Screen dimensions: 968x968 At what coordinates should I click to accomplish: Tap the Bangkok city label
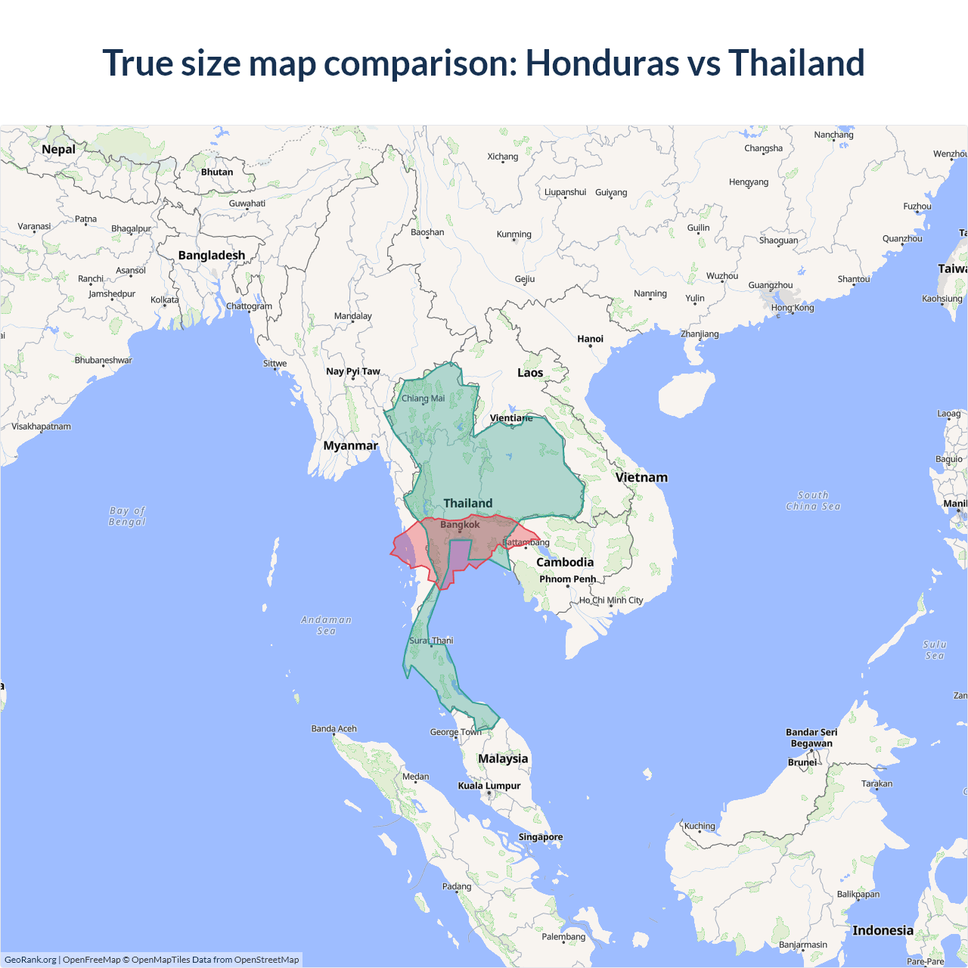point(460,525)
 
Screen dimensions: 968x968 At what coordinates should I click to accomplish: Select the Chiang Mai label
point(423,399)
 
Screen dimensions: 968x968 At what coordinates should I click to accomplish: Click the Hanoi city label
point(590,339)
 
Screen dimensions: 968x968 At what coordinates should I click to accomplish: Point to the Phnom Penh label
point(567,579)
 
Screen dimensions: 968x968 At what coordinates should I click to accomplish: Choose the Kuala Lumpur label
point(489,786)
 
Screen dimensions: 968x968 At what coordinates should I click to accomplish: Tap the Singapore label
point(540,837)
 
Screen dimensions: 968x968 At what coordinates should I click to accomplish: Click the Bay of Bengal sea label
point(127,517)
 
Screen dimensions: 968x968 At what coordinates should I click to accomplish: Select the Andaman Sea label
point(326,625)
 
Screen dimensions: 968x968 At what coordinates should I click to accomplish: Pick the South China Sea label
point(813,501)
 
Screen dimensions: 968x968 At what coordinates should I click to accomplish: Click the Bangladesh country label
point(212,256)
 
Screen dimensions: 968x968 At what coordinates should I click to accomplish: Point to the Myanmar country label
point(350,445)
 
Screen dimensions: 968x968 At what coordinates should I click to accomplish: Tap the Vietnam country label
point(641,477)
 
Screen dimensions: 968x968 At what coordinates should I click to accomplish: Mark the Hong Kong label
point(793,308)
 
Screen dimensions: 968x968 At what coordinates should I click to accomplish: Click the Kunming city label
point(513,234)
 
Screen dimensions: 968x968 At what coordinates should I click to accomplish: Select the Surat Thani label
point(431,641)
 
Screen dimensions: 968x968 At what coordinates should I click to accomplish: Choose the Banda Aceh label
point(334,729)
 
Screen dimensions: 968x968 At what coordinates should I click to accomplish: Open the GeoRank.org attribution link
point(30,960)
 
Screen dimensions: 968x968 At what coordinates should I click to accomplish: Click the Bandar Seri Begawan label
point(811,737)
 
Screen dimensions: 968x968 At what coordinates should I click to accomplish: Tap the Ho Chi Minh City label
point(611,600)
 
